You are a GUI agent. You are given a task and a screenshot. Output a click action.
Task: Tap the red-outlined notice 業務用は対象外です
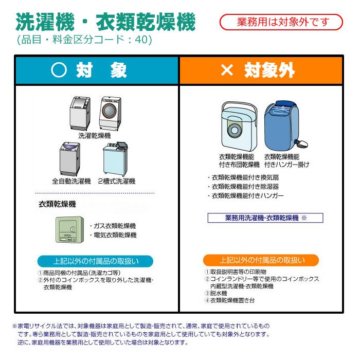click(x=281, y=22)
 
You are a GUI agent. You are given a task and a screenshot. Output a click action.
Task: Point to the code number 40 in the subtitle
click(x=142, y=40)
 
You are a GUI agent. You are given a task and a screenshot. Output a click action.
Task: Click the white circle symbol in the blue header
click(x=60, y=71)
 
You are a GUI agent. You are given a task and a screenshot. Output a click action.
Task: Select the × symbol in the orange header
click(x=226, y=71)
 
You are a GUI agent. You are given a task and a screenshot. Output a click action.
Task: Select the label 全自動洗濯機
click(x=71, y=182)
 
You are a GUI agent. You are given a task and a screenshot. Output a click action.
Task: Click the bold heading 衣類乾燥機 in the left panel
click(x=57, y=204)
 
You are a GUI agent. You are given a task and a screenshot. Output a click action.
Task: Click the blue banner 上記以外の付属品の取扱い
click(x=94, y=260)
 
